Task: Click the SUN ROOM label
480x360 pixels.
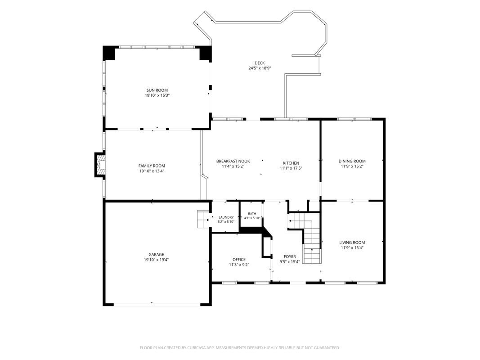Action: pos(157,90)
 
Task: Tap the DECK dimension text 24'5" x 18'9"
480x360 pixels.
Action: pos(260,68)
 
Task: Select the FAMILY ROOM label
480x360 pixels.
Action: pos(152,166)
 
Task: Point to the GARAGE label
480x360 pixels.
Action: pos(156,254)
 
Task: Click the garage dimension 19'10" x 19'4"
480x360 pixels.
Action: pos(156,260)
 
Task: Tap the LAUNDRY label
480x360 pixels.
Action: pos(226,217)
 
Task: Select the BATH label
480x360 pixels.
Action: pos(252,214)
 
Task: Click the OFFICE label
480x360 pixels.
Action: pos(239,260)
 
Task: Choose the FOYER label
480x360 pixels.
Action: pos(290,256)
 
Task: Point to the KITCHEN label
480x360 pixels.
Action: pos(291,163)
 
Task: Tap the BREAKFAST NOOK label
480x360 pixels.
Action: pos(233,161)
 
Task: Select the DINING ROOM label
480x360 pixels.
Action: pos(352,161)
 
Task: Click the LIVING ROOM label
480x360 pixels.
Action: pos(352,243)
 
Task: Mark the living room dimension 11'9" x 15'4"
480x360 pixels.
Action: pos(352,247)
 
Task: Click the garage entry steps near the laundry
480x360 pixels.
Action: pos(202,219)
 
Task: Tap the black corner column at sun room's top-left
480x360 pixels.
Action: pos(108,53)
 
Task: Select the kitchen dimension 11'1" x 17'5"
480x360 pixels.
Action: pos(291,168)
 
